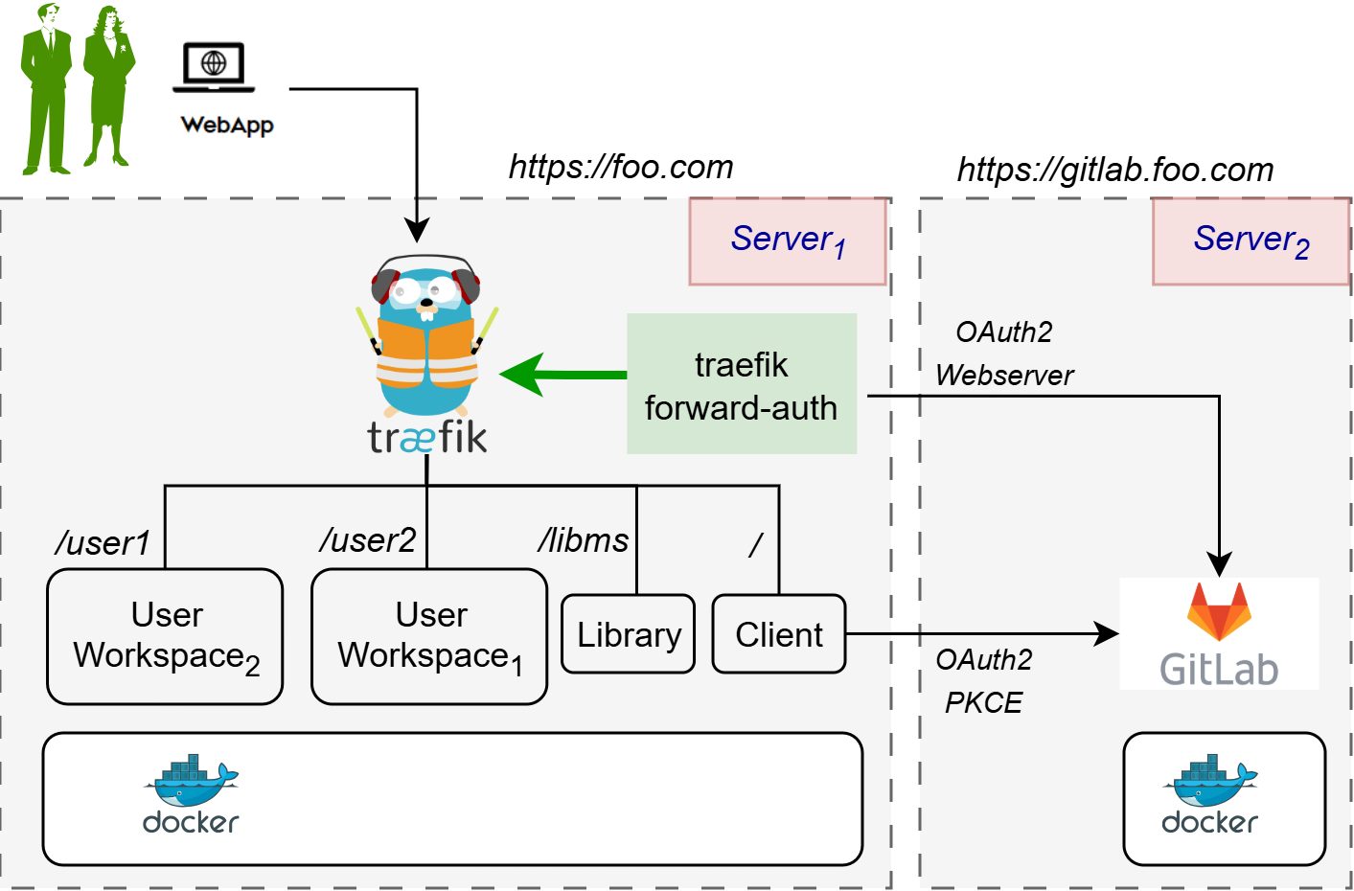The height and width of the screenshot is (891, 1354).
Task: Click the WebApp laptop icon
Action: (x=214, y=68)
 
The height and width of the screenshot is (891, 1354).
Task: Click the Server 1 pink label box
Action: (x=788, y=241)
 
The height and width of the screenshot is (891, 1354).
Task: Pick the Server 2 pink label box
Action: (x=1251, y=241)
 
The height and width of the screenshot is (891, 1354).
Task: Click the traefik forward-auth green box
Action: (x=741, y=383)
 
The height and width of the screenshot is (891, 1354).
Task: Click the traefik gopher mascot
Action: (x=427, y=335)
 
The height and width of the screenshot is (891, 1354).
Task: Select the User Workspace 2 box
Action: (x=165, y=637)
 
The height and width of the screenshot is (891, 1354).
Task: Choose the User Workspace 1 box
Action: (x=429, y=637)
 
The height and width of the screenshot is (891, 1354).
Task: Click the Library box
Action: (x=628, y=634)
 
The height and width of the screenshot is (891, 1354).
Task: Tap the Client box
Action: (x=778, y=634)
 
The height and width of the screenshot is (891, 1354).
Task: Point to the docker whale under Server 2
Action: (x=1210, y=784)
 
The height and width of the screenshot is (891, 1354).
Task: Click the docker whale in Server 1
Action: (x=191, y=784)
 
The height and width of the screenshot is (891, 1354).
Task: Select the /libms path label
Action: (x=583, y=540)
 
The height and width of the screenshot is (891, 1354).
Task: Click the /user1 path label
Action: (x=103, y=543)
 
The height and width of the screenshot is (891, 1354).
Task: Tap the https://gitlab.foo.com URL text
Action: (x=1115, y=170)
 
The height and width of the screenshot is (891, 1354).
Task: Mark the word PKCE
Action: (x=983, y=703)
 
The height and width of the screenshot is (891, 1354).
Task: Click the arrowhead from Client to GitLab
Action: (x=1108, y=633)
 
